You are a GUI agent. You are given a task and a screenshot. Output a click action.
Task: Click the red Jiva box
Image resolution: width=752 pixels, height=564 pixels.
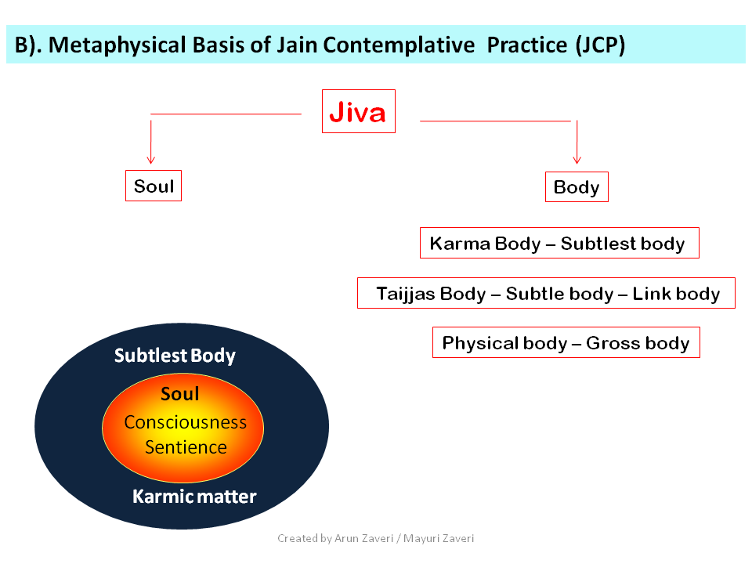point(359,111)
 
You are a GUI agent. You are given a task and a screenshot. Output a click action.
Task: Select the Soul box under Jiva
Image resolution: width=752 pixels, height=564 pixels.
point(154,186)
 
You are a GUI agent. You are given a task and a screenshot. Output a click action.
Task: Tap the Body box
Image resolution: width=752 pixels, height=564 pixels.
point(577,186)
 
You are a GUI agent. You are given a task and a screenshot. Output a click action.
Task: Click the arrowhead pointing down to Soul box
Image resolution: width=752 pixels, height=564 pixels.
point(151,160)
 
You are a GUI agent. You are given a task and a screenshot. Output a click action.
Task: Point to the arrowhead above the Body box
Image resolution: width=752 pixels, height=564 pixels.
point(577,160)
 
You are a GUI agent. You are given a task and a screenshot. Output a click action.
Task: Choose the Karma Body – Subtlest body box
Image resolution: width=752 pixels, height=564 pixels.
point(559,243)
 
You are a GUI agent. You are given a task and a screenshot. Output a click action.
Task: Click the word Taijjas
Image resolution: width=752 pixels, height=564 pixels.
point(406,294)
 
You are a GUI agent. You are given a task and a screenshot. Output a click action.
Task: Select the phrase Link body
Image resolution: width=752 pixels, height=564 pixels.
point(676,294)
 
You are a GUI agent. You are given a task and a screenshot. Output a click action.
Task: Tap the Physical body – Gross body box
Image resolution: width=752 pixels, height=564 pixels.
point(566,342)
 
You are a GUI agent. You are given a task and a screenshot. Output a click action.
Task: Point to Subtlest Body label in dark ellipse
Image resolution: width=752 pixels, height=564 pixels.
point(175,356)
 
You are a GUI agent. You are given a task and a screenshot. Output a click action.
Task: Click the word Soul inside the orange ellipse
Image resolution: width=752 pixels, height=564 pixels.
point(180,394)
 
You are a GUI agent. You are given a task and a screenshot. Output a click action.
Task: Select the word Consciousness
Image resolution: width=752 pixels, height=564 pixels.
point(186,422)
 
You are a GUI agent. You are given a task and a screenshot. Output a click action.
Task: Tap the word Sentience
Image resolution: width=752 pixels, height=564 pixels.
point(186,447)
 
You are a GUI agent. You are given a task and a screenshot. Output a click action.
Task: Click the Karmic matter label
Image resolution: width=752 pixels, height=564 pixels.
point(194,497)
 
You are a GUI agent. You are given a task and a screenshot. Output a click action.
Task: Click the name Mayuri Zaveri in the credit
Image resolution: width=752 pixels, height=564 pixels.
point(439,539)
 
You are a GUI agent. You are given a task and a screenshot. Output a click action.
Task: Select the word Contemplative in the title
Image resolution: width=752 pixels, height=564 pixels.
point(399,45)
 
